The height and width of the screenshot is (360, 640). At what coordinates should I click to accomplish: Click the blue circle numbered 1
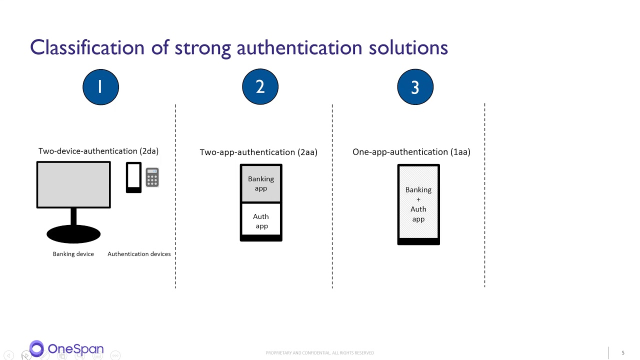coord(100,87)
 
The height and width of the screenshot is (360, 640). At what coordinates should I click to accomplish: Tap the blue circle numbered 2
coord(260,87)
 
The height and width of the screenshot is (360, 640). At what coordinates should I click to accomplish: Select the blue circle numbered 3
coord(415,87)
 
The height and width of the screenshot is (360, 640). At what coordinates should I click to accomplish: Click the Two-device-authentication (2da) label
coord(98,151)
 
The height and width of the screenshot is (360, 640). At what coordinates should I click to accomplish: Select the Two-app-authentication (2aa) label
coord(258,152)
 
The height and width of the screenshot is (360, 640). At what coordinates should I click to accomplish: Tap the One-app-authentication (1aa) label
coord(411,151)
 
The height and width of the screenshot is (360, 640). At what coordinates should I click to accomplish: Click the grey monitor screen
coord(73,184)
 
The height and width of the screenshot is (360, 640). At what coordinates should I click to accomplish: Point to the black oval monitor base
coord(73,234)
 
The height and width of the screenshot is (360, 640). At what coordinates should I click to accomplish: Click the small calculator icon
coord(152,177)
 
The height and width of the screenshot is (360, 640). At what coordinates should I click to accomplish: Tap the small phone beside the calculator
coord(133,177)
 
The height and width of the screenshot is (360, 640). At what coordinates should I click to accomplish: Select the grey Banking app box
coord(261,183)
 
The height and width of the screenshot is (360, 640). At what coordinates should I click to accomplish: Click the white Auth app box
coord(261,221)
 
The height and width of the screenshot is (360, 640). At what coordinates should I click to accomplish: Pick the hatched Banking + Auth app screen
coord(418,204)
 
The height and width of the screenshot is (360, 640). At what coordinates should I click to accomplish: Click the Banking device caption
coord(73,254)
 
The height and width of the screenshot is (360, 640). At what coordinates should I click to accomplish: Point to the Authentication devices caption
coord(139,254)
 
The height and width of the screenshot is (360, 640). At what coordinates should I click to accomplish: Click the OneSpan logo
coord(66,348)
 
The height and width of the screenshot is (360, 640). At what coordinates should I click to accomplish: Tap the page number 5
coord(623,353)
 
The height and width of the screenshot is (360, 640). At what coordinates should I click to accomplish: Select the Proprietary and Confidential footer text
coord(319,353)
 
